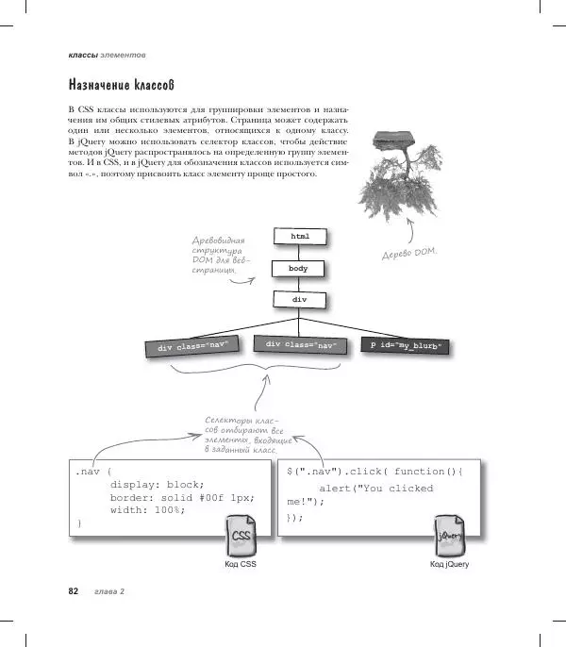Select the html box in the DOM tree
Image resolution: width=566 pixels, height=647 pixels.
299,235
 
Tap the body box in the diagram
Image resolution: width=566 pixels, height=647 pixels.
299,268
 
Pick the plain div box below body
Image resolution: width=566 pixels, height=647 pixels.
299,300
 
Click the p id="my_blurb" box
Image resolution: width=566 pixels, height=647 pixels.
407,346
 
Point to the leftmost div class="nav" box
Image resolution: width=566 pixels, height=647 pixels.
192,346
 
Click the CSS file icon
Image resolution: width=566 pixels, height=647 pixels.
240,539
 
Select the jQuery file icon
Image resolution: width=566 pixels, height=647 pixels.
448,538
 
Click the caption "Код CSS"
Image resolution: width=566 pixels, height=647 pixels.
240,564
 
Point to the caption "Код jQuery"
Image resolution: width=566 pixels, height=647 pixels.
448,564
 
